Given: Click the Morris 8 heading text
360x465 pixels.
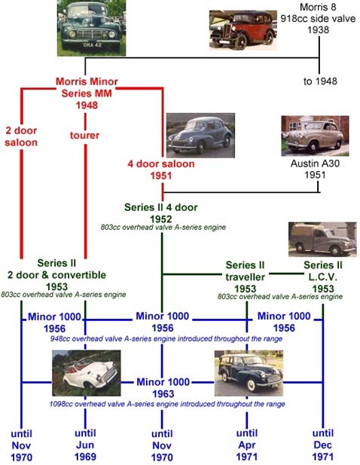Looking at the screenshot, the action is (x=318, y=7).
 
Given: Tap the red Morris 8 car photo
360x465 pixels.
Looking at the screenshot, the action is (x=243, y=30).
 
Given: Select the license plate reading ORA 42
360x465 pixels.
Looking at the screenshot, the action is (x=93, y=44).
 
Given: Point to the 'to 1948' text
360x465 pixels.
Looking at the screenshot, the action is (x=320, y=81).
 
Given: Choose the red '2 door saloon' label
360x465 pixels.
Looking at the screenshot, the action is (x=21, y=136).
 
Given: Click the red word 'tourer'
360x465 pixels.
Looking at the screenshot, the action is (x=85, y=135).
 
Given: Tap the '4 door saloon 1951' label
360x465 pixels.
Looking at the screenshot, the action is (x=161, y=170).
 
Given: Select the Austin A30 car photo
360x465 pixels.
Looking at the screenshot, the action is (x=315, y=136).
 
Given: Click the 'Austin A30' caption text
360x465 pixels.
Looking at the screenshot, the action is (x=315, y=163).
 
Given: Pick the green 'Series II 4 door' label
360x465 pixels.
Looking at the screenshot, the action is (x=161, y=207).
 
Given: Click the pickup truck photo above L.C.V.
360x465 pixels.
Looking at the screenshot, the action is (x=322, y=240).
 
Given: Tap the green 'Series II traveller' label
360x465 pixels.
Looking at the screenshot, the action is (x=245, y=271).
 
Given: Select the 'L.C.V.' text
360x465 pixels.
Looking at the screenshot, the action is (x=323, y=277).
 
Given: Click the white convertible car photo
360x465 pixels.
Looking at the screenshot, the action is (x=86, y=373).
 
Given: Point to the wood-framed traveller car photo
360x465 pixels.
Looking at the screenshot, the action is (x=249, y=373).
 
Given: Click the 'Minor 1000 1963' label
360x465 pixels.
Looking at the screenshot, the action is (x=163, y=387).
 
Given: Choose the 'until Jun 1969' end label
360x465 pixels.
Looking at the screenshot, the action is (x=85, y=445).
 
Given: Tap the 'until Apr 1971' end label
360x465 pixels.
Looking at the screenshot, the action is (x=247, y=445).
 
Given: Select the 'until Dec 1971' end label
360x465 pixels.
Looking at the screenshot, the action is (x=323, y=445).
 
